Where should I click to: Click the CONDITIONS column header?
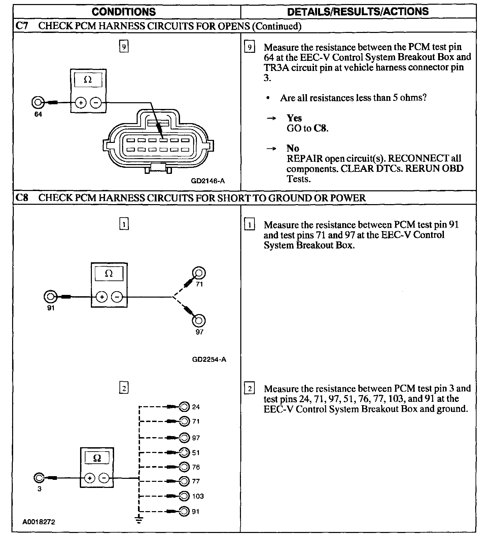coord(124,12)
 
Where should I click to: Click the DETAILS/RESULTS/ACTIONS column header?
coord(358,11)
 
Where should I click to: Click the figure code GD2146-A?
coord(208,181)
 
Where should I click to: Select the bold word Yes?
coord(294,118)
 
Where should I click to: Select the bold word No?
coord(292,148)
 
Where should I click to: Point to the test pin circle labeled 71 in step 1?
coord(199,273)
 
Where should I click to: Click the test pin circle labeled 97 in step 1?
coord(199,320)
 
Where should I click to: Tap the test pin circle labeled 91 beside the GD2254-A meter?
coord(50,297)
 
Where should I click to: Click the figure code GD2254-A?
coord(209,359)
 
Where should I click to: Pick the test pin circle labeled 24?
coord(184,407)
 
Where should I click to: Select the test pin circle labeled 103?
coord(184,496)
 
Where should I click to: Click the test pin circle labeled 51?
coord(184,453)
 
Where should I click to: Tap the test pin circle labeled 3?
coord(39,478)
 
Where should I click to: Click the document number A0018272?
coord(39,522)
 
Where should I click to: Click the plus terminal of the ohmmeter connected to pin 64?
coord(80,103)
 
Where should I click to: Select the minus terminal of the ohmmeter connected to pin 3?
coord(105,478)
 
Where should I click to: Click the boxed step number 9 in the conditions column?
coord(124,46)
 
